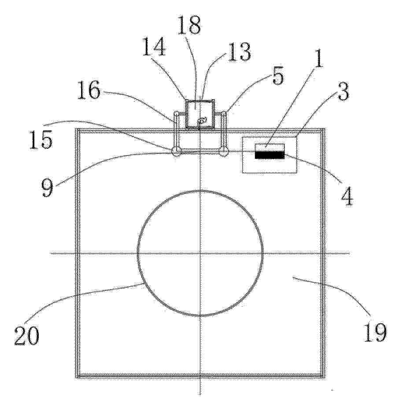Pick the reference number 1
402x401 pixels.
pos(318,59)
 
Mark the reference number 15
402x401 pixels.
pos(41,140)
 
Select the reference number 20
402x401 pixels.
pos(27,336)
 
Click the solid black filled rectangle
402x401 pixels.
pos(269,155)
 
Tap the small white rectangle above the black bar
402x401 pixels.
pos(269,147)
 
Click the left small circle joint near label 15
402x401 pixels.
pos(176,152)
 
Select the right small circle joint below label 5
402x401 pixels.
pos(224,152)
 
